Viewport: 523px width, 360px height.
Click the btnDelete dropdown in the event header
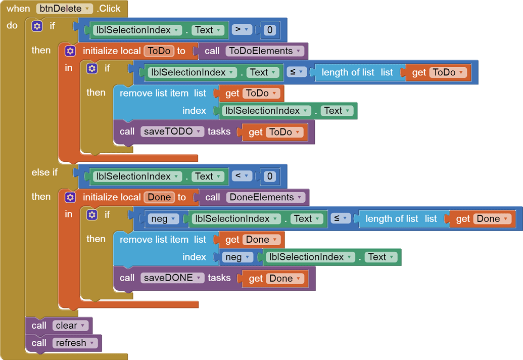64,9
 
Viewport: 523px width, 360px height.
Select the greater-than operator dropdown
242,30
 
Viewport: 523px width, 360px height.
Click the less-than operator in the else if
242,176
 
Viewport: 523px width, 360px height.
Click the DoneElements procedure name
266,197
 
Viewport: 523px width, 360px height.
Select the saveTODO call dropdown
172,131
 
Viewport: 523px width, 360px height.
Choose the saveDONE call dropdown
173,278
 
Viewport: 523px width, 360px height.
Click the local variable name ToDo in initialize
159,51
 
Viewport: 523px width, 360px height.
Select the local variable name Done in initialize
159,197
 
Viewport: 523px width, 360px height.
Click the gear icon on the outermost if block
37,26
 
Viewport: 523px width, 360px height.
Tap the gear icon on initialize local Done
70,197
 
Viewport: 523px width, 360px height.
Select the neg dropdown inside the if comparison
163,218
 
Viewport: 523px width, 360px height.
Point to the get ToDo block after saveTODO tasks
275,132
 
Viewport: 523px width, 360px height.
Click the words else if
44,172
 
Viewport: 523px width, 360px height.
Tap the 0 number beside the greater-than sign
270,30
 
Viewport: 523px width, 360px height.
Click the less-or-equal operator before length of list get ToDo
297,72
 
